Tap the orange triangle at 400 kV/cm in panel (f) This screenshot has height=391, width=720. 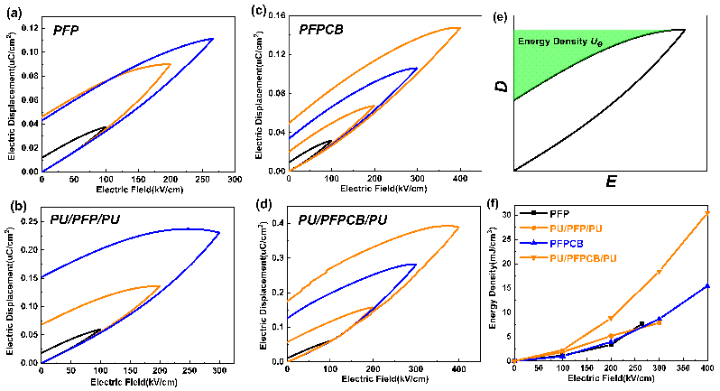point(707,213)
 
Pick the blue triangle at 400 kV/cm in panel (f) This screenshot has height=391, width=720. point(707,286)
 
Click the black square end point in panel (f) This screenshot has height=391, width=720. point(642,324)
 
